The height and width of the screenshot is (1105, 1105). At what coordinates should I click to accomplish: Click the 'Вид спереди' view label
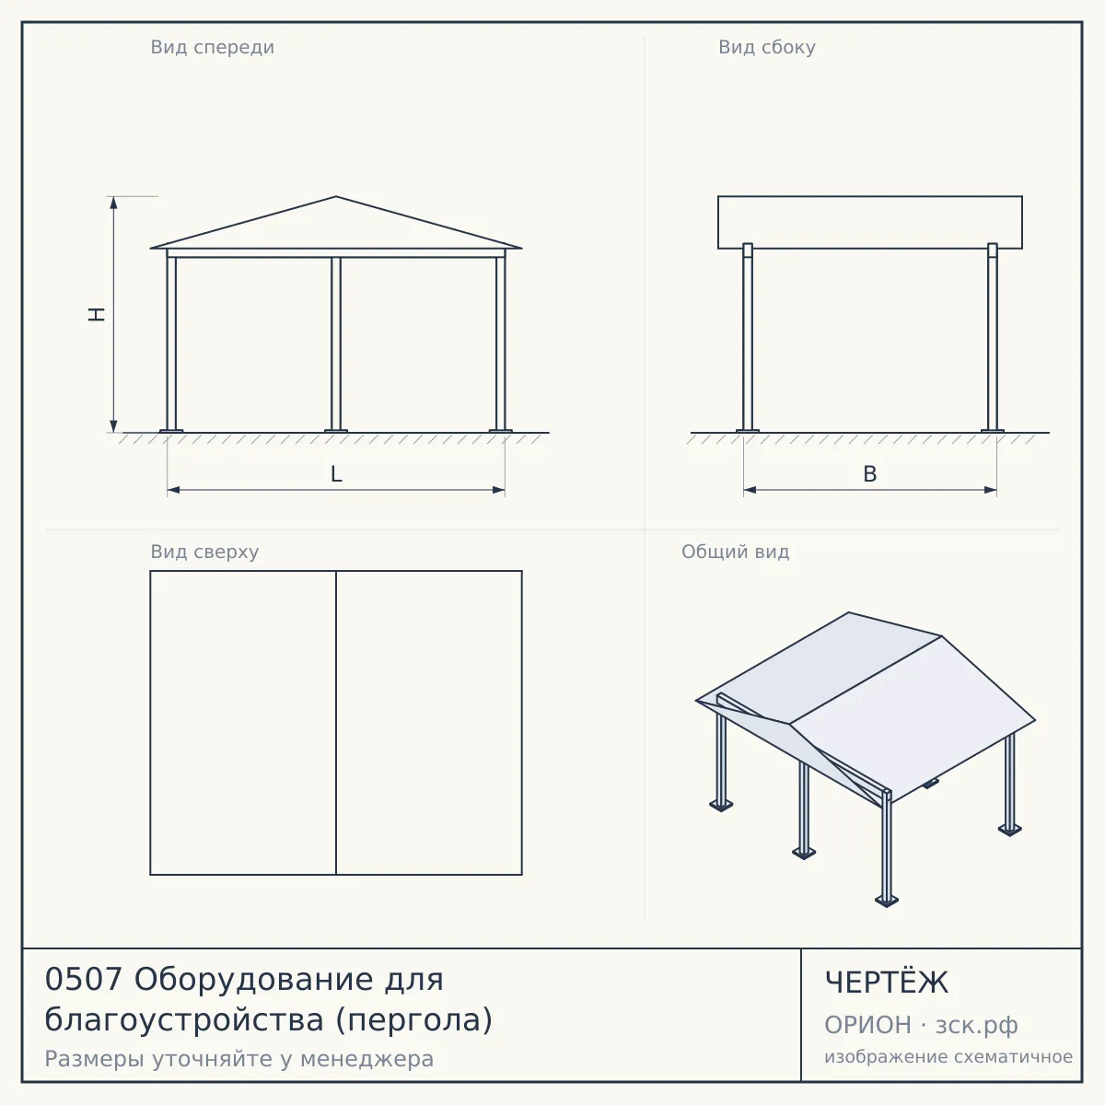pos(212,47)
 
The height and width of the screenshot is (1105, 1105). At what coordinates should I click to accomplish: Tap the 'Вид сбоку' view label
pos(767,47)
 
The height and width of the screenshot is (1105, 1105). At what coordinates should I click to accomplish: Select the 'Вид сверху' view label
pos(204,552)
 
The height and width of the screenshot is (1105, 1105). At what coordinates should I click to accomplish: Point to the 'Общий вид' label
pos(735,552)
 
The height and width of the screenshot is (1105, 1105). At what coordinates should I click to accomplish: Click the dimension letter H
pos(97,314)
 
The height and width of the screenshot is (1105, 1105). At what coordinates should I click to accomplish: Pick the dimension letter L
pos(337,474)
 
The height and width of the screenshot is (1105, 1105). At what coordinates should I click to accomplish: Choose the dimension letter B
pos(870,474)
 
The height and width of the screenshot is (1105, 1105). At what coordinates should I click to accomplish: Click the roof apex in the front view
pos(336,197)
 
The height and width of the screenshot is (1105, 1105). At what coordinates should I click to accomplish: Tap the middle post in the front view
pos(336,344)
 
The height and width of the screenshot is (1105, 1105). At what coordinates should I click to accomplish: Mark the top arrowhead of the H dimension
pos(113,202)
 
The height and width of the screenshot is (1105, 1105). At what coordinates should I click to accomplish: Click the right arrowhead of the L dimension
pos(499,490)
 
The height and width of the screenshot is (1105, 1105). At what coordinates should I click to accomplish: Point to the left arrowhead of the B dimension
pos(750,490)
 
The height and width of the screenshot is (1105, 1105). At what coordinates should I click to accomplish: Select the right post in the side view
pos(993,337)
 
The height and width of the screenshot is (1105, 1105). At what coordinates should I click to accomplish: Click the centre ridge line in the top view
pos(336,723)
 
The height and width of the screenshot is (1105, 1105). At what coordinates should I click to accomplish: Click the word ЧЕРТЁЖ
pos(887,982)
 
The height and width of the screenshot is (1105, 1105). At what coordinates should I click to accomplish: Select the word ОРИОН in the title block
pos(867,1025)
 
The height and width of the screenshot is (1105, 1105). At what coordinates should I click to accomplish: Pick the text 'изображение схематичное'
pos(948,1056)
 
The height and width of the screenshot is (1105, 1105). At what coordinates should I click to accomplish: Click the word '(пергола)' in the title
pos(413,1020)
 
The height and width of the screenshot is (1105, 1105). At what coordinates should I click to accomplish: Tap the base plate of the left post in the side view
pos(747,431)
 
